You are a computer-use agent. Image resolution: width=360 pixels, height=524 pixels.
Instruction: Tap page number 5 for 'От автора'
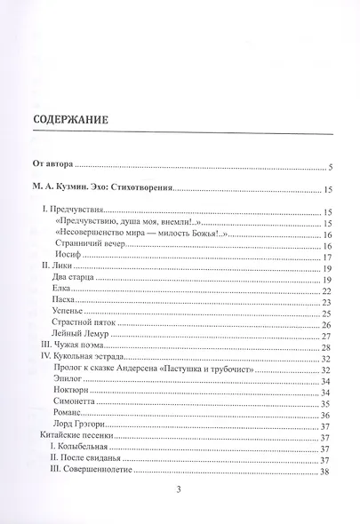[x=330, y=166]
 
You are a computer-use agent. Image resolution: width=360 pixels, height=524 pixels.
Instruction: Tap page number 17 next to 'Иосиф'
[x=327, y=257]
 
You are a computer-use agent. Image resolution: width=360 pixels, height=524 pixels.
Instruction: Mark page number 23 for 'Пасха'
[x=327, y=303]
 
